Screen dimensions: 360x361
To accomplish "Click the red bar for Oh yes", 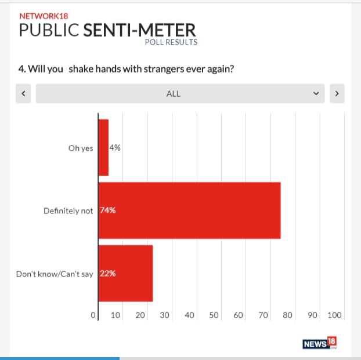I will (x=103, y=147).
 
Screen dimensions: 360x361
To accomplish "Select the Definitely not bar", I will (x=189, y=210).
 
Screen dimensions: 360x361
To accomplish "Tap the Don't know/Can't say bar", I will (x=125, y=273).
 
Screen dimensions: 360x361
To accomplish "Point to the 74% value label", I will (x=108, y=210).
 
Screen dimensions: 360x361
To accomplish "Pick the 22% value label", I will (x=108, y=274).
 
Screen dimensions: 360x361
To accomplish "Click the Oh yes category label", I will (x=81, y=148).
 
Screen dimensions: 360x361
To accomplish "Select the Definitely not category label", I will (x=68, y=211).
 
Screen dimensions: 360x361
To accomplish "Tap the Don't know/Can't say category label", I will (x=55, y=274).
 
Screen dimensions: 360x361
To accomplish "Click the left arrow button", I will (x=23, y=93).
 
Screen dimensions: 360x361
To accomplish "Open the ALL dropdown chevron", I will (x=316, y=93).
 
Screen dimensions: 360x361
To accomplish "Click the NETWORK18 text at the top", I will (x=44, y=16).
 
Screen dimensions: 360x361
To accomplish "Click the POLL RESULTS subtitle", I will (x=171, y=42).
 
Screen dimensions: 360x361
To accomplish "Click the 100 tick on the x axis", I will (x=335, y=315).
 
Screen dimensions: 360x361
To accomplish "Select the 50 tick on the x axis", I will (x=214, y=315).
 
